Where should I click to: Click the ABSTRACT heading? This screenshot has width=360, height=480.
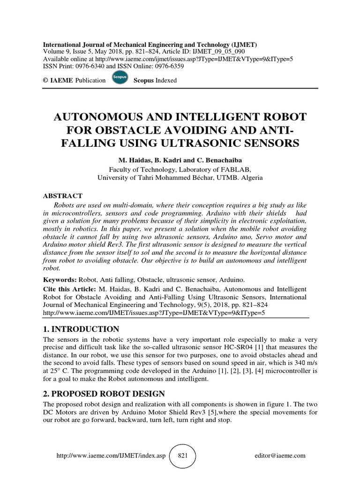(x=63, y=195)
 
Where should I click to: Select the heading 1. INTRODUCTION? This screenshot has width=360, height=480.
(x=81, y=329)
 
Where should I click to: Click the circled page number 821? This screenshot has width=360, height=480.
(x=182, y=456)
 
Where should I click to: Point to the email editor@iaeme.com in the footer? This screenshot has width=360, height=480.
(x=280, y=456)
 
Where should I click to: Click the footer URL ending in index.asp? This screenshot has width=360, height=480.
(x=111, y=456)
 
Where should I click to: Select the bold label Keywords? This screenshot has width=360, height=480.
(x=60, y=279)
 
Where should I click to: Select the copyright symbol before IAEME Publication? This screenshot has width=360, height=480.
(x=45, y=80)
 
